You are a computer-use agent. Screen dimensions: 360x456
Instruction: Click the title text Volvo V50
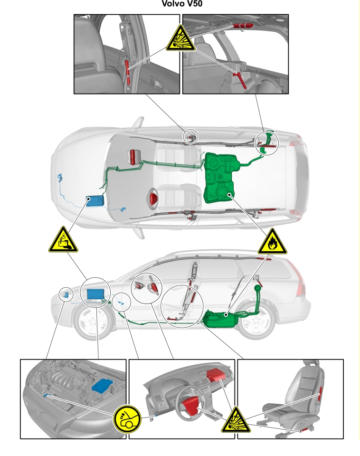tap(182, 3)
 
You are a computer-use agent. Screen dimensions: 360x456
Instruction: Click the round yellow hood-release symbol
tap(127, 419)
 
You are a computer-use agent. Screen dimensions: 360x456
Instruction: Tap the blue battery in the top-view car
tap(95, 201)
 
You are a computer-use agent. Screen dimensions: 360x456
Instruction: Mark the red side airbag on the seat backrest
tap(320, 393)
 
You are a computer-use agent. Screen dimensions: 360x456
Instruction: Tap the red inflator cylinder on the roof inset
tap(243, 26)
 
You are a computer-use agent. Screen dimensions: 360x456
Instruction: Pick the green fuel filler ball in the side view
tap(258, 288)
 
